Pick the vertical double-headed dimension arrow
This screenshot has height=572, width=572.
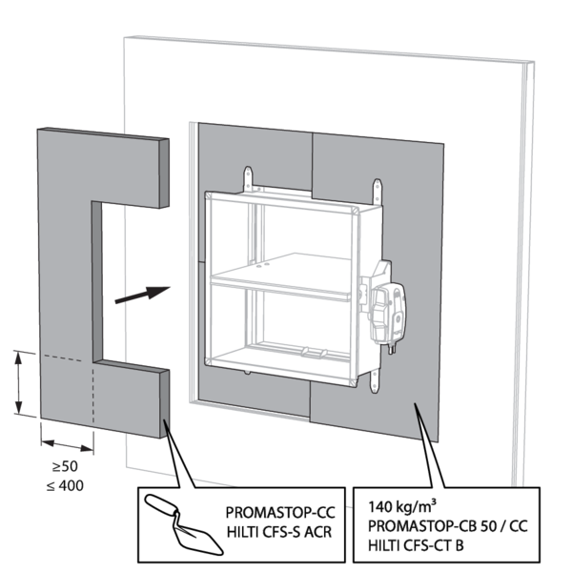(20, 382)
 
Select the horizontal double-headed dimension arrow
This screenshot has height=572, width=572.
(67, 443)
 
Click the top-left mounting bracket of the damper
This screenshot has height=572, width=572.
(250, 178)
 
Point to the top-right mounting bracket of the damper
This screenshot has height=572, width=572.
(378, 185)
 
